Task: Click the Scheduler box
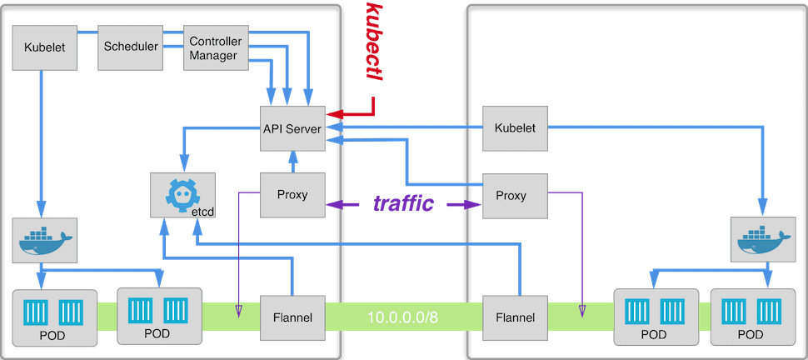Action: point(130,47)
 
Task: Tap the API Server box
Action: point(292,128)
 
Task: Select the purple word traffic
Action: point(403,203)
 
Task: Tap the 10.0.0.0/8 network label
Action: point(404,317)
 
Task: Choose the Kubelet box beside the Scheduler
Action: point(39,47)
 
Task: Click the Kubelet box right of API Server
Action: point(514,128)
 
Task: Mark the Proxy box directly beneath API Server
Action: point(292,195)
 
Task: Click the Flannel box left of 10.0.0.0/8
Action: point(292,317)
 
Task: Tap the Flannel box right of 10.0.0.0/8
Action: point(515,317)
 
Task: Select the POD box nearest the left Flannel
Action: point(158,317)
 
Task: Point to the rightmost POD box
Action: point(750,317)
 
